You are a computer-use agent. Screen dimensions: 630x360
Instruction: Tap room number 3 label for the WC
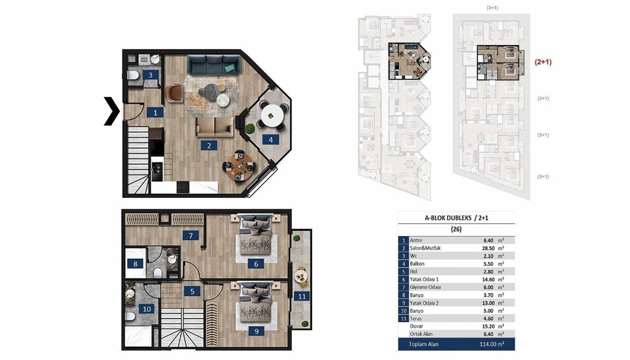point(151,75)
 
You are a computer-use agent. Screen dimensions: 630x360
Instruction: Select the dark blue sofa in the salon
point(214,65)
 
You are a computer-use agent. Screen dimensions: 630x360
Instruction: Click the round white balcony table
point(272,115)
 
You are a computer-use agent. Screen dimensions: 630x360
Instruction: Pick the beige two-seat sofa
point(215,127)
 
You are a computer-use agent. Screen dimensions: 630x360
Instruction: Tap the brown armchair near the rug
point(174,93)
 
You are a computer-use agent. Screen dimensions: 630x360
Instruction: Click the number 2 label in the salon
point(209,145)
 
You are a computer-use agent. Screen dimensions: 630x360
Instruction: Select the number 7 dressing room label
point(191,236)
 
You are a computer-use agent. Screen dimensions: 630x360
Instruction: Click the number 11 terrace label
point(302,296)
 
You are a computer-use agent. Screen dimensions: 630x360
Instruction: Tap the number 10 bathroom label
point(147,309)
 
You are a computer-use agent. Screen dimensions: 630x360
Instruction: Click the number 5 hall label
point(192,291)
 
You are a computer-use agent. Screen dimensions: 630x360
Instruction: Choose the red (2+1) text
point(543,62)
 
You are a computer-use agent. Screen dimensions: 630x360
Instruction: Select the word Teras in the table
point(416,319)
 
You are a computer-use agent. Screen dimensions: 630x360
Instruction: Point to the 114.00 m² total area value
point(492,344)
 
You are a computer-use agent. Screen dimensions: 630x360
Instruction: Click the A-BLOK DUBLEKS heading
point(448,218)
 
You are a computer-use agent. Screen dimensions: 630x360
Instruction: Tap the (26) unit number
point(456,229)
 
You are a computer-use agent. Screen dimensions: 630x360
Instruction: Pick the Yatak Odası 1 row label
point(424,280)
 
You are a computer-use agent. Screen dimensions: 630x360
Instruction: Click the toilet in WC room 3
point(133,75)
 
